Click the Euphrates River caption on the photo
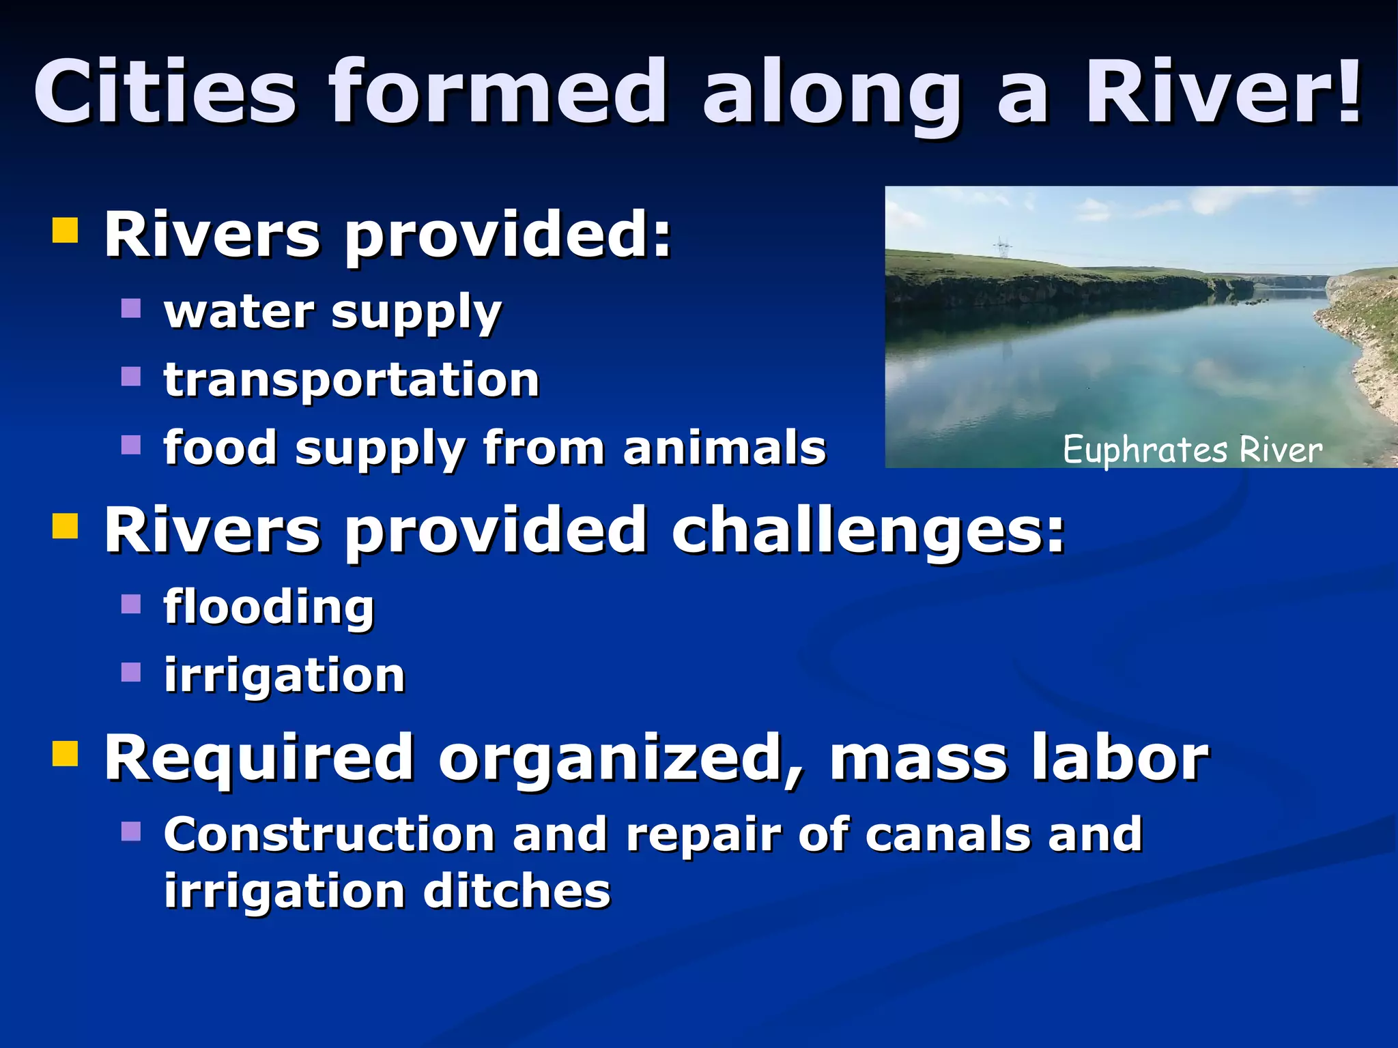[1192, 450]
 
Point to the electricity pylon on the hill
[1002, 247]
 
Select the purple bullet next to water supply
[130, 308]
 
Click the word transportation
[352, 380]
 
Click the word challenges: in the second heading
[867, 530]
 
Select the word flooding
[269, 607]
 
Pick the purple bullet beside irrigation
[130, 672]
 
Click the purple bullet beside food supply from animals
[130, 445]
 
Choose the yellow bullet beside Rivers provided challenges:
[65, 526]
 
